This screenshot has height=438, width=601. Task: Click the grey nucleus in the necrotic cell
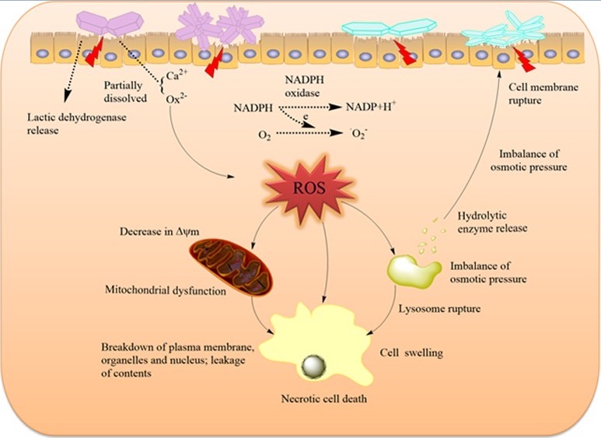(315, 365)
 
